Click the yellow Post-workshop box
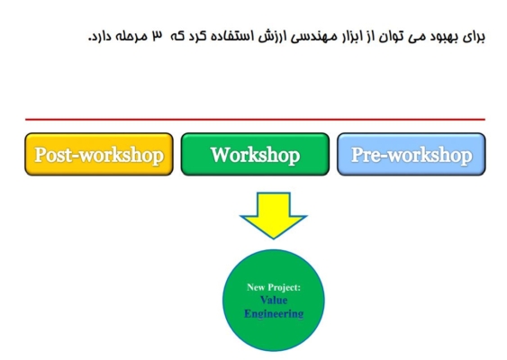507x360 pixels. [x=99, y=154]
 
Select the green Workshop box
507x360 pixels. [x=255, y=154]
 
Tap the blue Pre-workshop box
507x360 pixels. [x=412, y=154]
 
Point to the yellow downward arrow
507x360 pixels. [x=274, y=215]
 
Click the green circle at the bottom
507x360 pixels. [x=274, y=301]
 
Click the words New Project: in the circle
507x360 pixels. [x=274, y=287]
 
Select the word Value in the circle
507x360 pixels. [x=274, y=301]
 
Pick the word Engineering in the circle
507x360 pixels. [x=274, y=313]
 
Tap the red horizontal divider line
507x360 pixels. [x=255, y=120]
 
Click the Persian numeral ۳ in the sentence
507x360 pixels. [x=158, y=36]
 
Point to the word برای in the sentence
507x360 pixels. [x=474, y=37]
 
